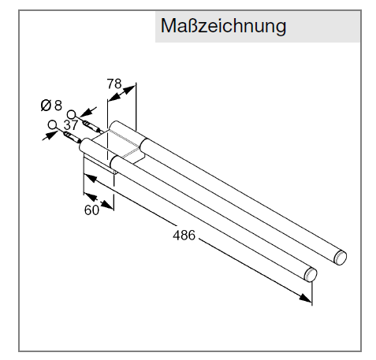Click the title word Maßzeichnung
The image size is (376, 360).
point(223,26)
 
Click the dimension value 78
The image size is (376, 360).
point(114,84)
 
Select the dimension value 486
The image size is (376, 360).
point(184,235)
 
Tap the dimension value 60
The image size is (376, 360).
point(91,210)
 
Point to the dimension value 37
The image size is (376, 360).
point(71,125)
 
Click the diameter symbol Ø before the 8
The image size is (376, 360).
point(46,106)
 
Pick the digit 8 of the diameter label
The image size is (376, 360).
point(58,106)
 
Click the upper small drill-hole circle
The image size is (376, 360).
point(71,114)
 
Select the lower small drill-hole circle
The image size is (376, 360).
point(53,124)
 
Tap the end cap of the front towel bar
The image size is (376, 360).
point(311,275)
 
